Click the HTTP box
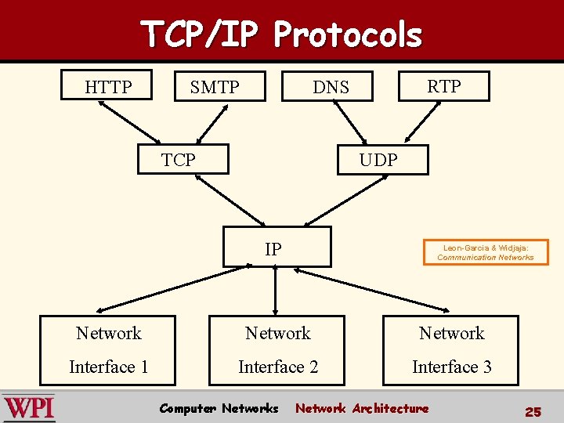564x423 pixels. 108,86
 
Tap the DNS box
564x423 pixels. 331,87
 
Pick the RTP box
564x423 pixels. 443,86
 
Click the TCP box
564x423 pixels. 183,159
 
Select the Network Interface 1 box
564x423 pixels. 109,350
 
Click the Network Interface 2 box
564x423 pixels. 278,350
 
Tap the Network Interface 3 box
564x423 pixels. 451,350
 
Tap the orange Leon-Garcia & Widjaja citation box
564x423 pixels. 486,252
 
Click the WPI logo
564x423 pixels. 29,407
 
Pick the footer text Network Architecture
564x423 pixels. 362,408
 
